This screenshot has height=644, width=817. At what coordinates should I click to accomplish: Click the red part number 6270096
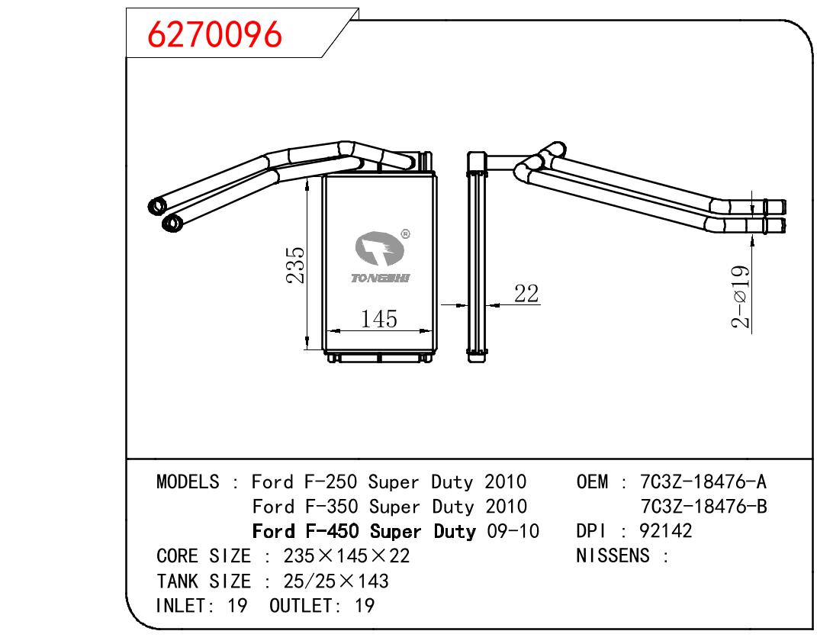pyautogui.click(x=214, y=35)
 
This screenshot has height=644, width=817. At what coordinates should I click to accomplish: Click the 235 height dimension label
pyautogui.click(x=295, y=265)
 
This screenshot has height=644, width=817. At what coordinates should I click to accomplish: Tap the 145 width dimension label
pyautogui.click(x=379, y=319)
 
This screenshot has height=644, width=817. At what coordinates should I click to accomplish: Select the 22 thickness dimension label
pyautogui.click(x=526, y=293)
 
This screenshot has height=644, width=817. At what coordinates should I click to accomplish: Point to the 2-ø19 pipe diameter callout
pyautogui.click(x=741, y=297)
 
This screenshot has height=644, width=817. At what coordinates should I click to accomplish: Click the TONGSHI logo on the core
pyautogui.click(x=381, y=257)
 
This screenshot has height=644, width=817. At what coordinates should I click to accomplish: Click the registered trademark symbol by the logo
pyautogui.click(x=405, y=234)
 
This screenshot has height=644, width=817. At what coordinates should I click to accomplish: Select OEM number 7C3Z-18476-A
pyautogui.click(x=703, y=481)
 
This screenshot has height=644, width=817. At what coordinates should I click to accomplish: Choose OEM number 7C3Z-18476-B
pyautogui.click(x=703, y=507)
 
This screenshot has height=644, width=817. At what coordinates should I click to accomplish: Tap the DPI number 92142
pyautogui.click(x=665, y=531)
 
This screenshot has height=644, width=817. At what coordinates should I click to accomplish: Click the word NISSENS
pyautogui.click(x=613, y=555)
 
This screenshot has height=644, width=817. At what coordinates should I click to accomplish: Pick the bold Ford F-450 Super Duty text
pyautogui.click(x=364, y=532)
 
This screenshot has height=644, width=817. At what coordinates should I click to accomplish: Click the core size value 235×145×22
pyautogui.click(x=346, y=556)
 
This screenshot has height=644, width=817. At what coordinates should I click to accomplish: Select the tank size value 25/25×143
pyautogui.click(x=336, y=581)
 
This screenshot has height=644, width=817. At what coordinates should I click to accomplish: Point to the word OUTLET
pyautogui.click(x=301, y=605)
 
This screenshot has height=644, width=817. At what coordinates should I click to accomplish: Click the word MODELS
pyautogui.click(x=188, y=481)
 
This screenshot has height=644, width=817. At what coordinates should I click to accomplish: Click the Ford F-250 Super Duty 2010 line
pyautogui.click(x=389, y=481)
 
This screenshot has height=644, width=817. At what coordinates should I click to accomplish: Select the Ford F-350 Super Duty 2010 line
pyautogui.click(x=389, y=507)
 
